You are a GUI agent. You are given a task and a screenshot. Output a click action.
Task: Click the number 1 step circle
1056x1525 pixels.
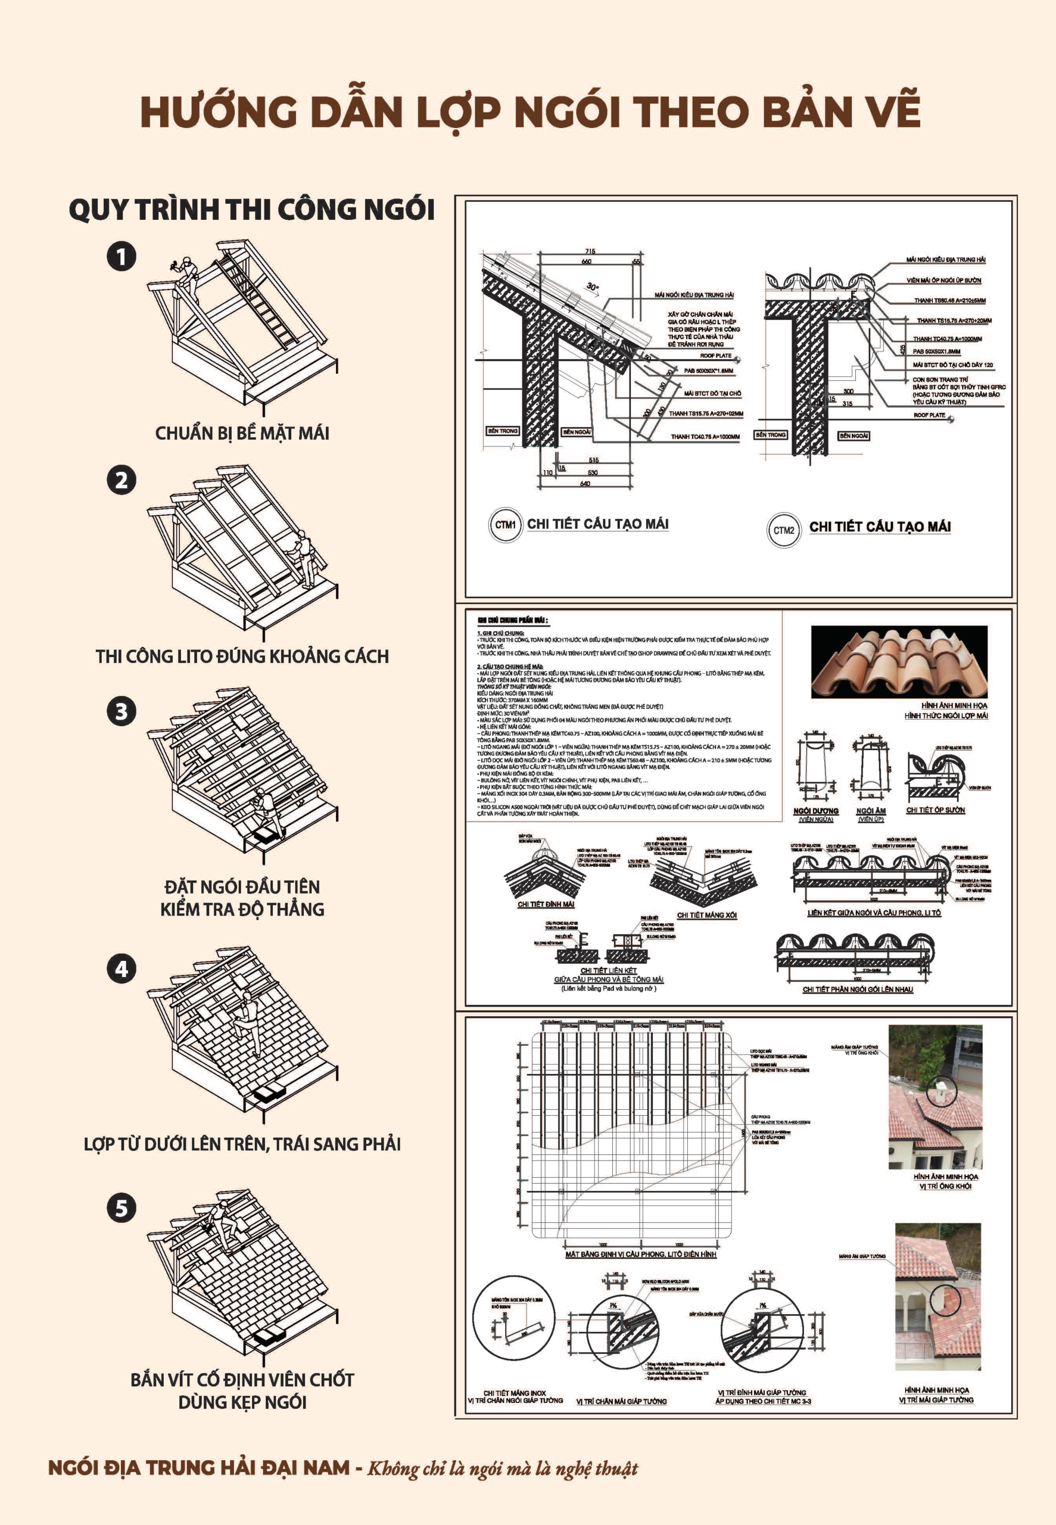[x=122, y=257]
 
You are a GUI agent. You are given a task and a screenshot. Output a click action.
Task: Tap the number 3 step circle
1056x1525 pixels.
[x=122, y=711]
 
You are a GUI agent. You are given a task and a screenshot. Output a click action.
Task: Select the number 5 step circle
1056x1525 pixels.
[x=122, y=1208]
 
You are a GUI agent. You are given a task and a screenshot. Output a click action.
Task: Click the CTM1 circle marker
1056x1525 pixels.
[x=505, y=525]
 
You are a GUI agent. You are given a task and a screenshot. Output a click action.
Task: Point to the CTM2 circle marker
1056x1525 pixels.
[x=783, y=530]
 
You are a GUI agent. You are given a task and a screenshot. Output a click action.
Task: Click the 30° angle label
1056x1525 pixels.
[x=592, y=287]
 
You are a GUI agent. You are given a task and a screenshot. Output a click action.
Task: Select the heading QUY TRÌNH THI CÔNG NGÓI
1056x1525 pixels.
[x=251, y=210]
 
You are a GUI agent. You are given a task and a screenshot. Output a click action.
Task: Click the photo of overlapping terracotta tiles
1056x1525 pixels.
[x=899, y=662]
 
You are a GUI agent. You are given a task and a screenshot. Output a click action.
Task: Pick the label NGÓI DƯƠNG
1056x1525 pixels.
[x=815, y=811]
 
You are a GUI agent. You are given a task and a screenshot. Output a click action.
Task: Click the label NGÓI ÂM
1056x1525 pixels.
[x=870, y=811]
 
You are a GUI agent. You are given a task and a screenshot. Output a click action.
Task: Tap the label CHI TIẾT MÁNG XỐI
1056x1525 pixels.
[x=706, y=915]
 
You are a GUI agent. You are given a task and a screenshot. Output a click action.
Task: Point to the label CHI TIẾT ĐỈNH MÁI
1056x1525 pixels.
[x=545, y=904]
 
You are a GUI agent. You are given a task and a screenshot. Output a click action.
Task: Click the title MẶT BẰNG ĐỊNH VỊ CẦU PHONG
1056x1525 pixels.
[x=640, y=1254]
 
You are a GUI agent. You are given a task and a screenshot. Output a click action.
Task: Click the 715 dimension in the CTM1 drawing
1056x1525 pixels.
[x=590, y=251]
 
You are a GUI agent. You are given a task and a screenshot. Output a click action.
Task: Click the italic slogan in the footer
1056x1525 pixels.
[x=502, y=1469]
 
